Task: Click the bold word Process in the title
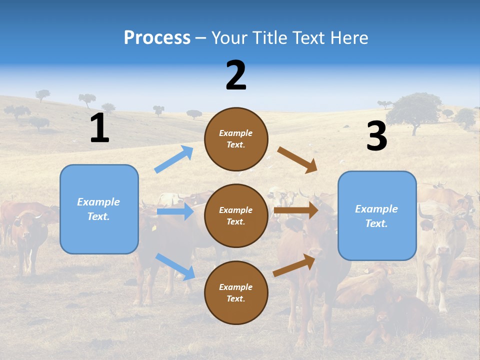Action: [x=157, y=37]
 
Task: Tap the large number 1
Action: [x=99, y=128]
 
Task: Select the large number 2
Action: [x=236, y=75]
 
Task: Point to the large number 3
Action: [x=376, y=136]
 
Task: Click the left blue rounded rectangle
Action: [x=99, y=209]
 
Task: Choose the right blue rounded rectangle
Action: [x=377, y=215]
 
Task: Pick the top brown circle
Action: [x=236, y=139]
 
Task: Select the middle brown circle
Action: [x=236, y=215]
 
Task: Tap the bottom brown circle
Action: [x=236, y=292]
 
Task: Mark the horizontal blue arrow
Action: [x=175, y=211]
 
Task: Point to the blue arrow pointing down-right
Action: [x=175, y=266]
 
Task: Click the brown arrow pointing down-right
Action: [x=297, y=160]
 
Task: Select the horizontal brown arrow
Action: [x=296, y=210]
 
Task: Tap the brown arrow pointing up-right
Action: [x=294, y=265]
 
